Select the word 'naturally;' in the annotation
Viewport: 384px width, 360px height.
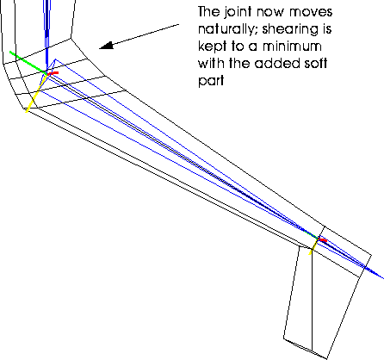point(228,30)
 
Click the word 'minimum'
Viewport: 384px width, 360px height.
point(292,47)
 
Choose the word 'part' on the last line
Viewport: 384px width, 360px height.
point(211,81)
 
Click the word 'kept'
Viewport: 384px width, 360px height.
point(212,47)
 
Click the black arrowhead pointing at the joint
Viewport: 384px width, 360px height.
point(106,46)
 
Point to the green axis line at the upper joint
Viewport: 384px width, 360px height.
point(28,62)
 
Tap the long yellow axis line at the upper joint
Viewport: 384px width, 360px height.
point(36,93)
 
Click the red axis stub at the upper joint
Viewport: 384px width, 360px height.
point(53,73)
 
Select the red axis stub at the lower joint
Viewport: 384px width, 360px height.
point(323,239)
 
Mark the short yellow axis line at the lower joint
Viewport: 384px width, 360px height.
point(313,247)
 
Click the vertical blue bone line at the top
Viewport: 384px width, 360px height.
point(46,34)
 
